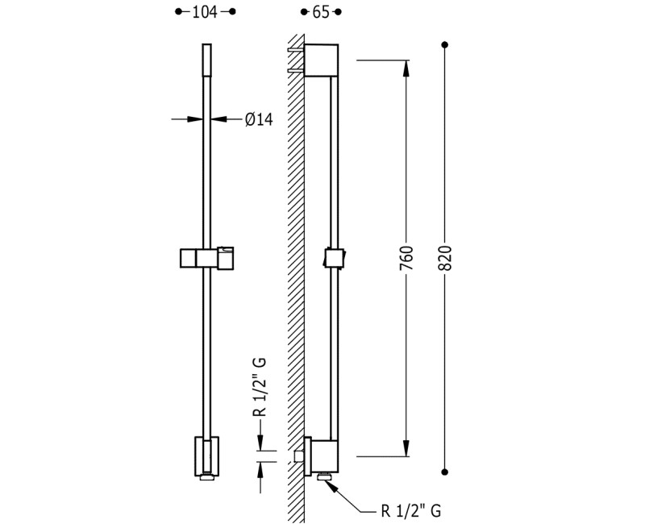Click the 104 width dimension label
205,12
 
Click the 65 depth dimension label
321,12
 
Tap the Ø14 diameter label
259,119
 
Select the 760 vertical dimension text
406,258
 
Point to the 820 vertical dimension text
445,258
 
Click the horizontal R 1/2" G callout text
411,511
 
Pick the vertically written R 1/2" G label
260,388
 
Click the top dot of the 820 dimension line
444,44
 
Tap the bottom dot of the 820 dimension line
444,472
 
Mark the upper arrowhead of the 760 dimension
406,68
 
